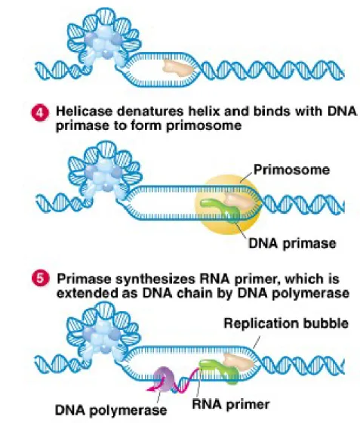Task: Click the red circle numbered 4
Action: click(41, 113)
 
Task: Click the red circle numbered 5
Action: click(41, 279)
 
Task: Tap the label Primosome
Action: click(292, 170)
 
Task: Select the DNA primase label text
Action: click(292, 243)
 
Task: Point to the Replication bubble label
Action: click(286, 323)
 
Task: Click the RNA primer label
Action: click(231, 404)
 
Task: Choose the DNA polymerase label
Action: click(111, 410)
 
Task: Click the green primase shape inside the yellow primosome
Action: click(218, 209)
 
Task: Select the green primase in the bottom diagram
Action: click(220, 371)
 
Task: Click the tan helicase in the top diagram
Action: click(178, 67)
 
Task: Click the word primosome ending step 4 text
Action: click(204, 125)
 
